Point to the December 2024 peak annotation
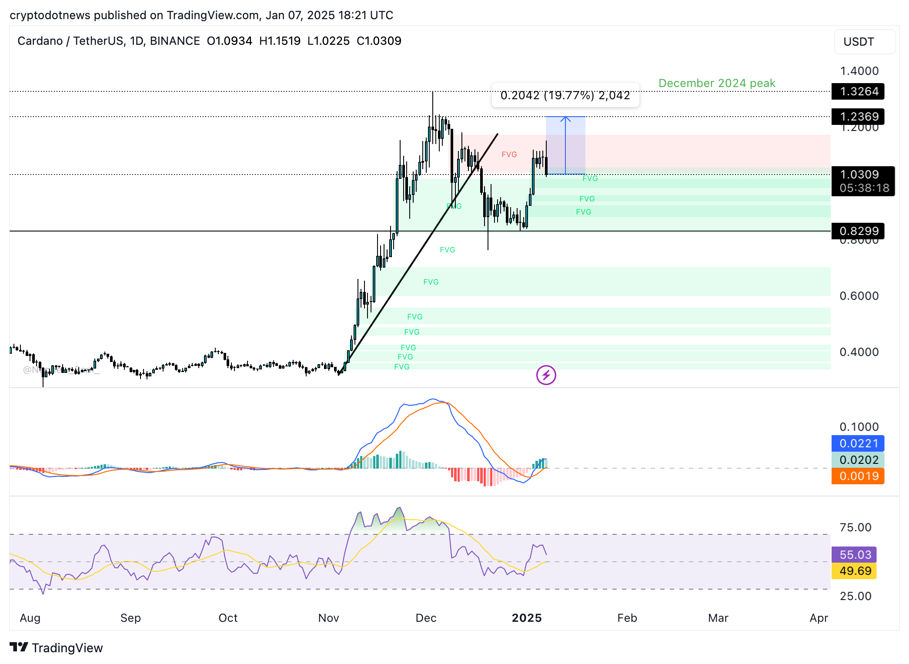717,83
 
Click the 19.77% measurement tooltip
565,95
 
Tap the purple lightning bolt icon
546,375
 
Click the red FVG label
509,154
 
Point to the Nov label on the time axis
328,618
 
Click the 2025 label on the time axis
527,618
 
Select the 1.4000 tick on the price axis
859,71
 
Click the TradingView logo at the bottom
56,648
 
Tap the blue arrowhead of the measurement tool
565,118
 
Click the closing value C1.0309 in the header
379,41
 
